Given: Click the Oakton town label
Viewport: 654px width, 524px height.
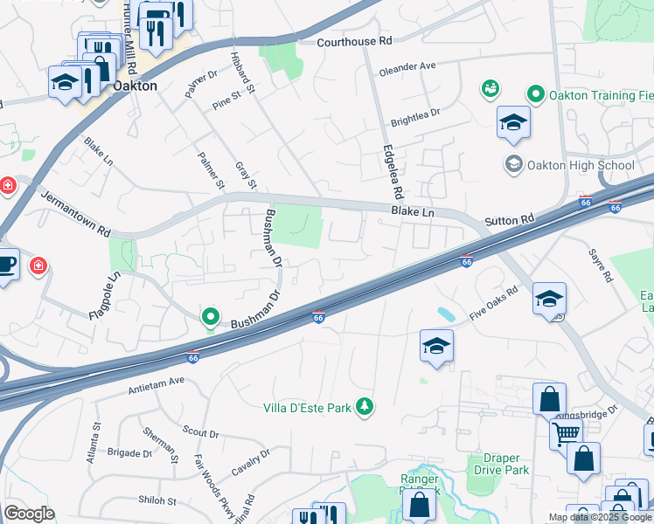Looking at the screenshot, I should (136, 86).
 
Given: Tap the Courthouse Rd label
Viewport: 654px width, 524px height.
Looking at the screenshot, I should (354, 41).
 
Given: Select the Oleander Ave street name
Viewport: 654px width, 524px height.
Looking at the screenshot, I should (407, 65).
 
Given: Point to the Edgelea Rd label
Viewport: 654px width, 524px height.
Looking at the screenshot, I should (391, 170).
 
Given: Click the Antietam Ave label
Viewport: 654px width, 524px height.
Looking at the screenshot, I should (157, 382).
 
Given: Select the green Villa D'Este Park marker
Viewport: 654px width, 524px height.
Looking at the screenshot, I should (365, 407).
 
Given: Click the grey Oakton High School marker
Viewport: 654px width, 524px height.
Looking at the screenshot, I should (512, 165).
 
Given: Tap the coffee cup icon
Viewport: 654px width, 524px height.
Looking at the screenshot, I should (7, 263).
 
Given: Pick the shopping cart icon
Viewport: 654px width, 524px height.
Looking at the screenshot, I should (567, 432).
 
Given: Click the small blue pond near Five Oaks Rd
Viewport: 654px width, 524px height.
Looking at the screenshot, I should (445, 313).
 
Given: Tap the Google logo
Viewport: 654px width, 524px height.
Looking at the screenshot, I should (29, 514).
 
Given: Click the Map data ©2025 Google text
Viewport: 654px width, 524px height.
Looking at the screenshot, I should (599, 517).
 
